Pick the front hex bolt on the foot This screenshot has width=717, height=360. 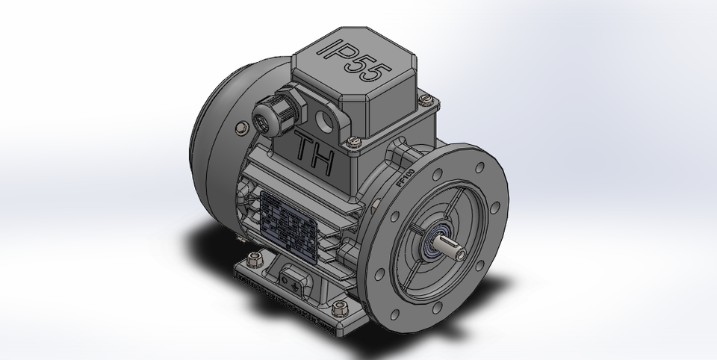[x=340, y=308]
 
